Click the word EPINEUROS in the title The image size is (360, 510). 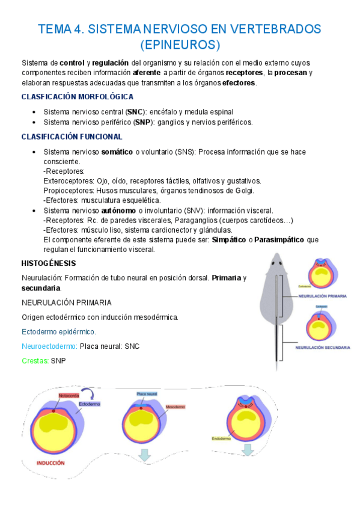pyautogui.click(x=180, y=45)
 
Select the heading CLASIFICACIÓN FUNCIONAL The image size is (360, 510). pyautogui.click(x=72, y=137)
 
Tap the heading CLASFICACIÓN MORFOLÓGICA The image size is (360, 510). pyautogui.click(x=78, y=97)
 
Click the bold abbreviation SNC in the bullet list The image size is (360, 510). pyautogui.click(x=136, y=112)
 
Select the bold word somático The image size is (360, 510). pyautogui.click(x=118, y=152)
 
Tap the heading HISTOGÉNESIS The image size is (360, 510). pyautogui.click(x=48, y=263)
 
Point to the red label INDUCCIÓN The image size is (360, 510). pyautogui.click(x=50, y=463)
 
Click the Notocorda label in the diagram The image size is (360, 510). pyautogui.click(x=69, y=396)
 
